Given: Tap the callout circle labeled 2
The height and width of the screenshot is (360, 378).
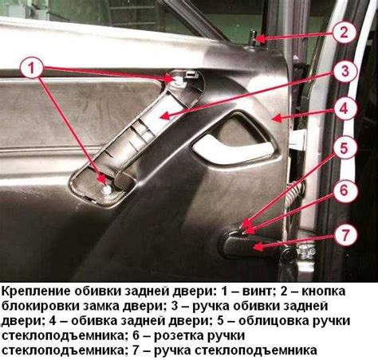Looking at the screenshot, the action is (344, 32).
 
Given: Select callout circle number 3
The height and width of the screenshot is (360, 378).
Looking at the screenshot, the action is (345, 71).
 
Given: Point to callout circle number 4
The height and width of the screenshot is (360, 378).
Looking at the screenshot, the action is (344, 108).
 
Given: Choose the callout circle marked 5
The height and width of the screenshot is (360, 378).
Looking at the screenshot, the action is (344, 148).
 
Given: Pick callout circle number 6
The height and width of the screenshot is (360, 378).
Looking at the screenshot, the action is (344, 190).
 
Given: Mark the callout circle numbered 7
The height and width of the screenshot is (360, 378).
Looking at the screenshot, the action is (345, 235).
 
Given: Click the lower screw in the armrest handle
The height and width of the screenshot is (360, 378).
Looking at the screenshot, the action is (108, 190).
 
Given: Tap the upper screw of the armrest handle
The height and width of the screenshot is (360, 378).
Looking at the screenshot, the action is (179, 81).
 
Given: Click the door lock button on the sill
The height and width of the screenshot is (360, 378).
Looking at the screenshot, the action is (252, 38).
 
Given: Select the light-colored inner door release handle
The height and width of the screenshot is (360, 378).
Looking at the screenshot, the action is (233, 149).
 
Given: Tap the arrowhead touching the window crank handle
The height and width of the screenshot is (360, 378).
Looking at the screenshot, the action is (258, 247).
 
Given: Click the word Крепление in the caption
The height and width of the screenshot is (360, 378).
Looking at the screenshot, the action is (36, 292).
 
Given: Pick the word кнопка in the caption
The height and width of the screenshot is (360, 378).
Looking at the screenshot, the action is (324, 292).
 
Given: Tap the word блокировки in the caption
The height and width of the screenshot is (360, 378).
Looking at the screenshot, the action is (40, 306).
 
